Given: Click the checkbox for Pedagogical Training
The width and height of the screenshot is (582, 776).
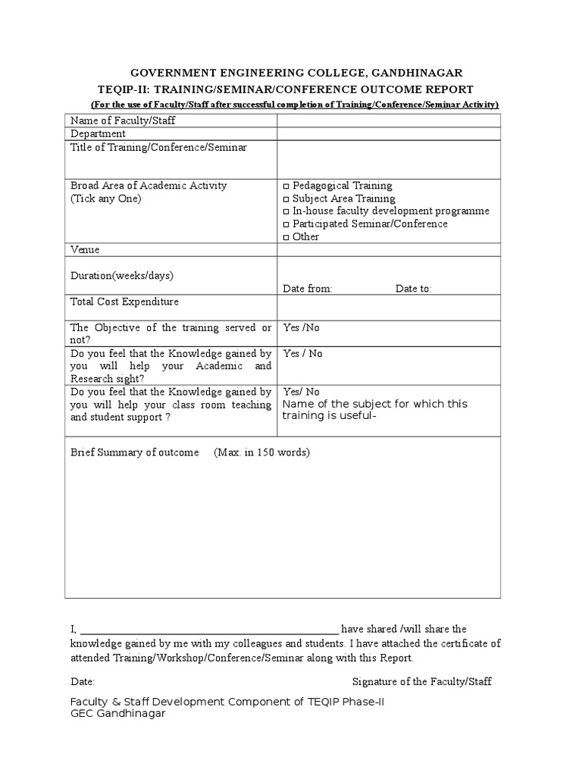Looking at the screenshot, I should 286,186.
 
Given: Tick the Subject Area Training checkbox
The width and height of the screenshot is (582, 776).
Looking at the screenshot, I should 286,199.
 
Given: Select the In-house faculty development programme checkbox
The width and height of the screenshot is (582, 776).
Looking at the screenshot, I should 286,212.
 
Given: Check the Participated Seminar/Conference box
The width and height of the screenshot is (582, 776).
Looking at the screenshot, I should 286,225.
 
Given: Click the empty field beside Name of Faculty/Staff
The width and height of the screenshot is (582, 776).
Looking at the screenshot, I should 388,121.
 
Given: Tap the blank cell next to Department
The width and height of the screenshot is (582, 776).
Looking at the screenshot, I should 388,134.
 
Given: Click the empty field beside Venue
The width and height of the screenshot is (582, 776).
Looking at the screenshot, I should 388,250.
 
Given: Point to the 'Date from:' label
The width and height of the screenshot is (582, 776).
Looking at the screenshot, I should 307,289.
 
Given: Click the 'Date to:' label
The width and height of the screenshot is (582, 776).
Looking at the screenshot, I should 413,289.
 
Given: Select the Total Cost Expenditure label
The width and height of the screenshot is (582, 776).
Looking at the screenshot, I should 124,302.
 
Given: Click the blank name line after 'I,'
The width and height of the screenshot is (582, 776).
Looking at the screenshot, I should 208,628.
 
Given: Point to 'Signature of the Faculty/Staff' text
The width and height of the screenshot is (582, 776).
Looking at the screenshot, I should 421,681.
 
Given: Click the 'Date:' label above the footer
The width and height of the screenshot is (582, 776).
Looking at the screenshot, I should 83,681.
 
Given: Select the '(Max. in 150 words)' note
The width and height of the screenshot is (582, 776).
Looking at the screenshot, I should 261,452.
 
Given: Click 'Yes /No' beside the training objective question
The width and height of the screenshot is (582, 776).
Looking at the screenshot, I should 301,328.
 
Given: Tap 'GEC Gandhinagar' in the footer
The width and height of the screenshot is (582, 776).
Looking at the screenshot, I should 117,714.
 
